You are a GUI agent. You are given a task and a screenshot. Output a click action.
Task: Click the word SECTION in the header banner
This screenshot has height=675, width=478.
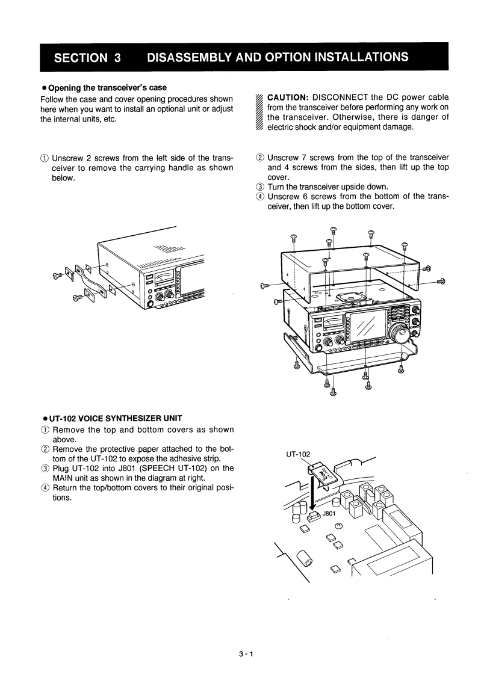(79, 58)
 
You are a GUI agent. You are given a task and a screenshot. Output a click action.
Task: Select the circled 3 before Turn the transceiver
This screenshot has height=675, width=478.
(260, 186)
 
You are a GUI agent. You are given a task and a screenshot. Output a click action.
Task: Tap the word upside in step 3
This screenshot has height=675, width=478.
(348, 186)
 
